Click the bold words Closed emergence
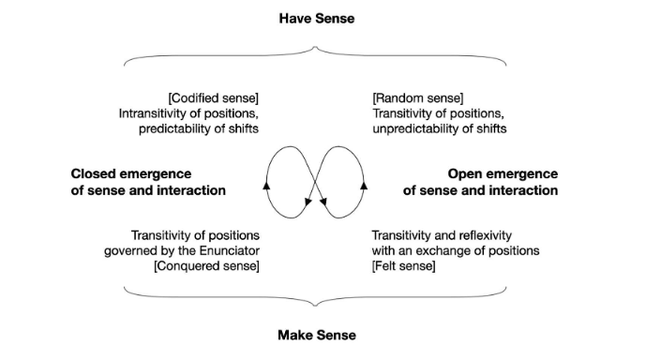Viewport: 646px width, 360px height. coord(131,173)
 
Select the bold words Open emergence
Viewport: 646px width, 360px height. coord(502,173)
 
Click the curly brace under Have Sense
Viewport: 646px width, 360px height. coord(316,58)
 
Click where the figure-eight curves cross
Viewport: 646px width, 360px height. coord(316,181)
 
